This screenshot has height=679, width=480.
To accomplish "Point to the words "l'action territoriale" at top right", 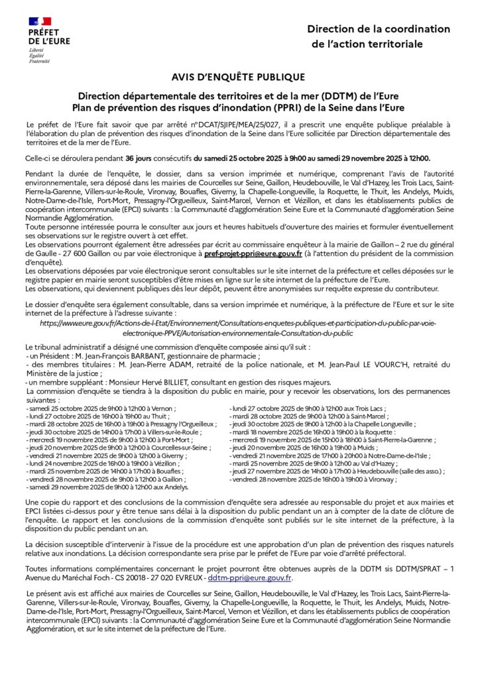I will [x=367, y=44].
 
